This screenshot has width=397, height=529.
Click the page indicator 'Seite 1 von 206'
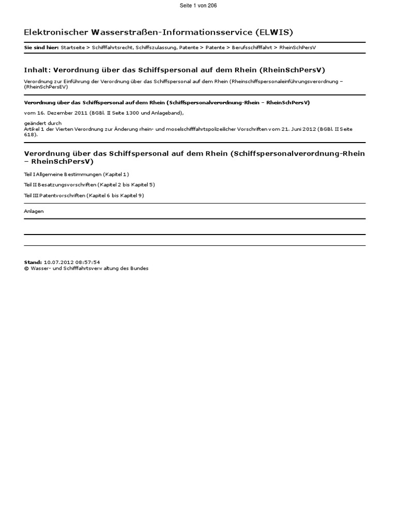[198, 5]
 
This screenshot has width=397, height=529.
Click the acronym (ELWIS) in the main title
[273, 32]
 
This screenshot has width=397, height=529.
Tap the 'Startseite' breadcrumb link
[72, 48]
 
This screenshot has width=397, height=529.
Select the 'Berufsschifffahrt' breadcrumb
[250, 48]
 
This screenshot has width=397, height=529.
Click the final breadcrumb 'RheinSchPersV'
[297, 48]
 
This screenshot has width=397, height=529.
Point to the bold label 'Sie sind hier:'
[41, 48]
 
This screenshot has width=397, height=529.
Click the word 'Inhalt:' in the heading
[37, 70]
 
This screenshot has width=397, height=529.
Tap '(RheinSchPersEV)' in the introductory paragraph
[46, 87]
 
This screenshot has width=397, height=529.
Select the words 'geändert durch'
[43, 123]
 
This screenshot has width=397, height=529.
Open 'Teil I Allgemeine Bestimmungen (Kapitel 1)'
[77, 175]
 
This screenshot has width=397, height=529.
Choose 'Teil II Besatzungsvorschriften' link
[60, 184]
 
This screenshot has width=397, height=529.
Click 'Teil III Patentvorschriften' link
[54, 195]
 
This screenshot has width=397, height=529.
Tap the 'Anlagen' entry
[34, 211]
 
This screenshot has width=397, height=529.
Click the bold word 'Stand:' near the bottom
[33, 262]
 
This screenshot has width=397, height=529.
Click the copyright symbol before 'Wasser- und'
[26, 269]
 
